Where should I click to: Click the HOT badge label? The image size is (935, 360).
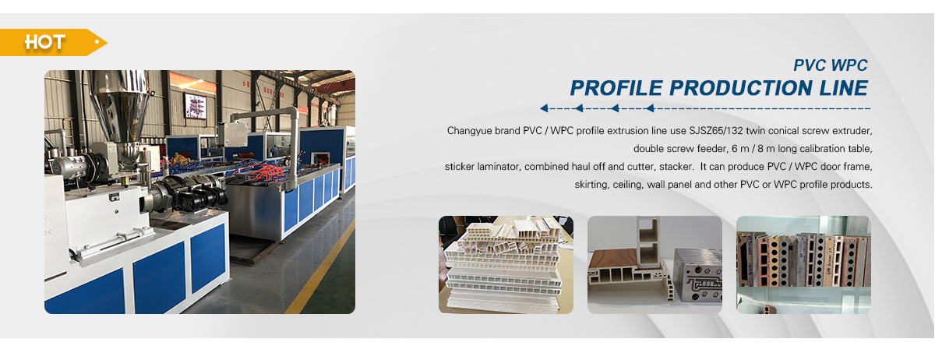click(x=44, y=42)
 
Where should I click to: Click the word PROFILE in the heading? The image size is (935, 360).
click(x=616, y=88)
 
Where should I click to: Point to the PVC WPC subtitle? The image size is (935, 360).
click(x=831, y=65)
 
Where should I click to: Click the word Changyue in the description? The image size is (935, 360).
click(x=469, y=131)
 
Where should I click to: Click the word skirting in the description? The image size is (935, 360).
click(x=591, y=185)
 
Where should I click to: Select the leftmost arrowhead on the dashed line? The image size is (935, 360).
click(x=544, y=108)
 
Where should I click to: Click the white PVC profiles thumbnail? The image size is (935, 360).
click(x=506, y=265)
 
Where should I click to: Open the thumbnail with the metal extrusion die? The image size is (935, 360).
click(x=655, y=265)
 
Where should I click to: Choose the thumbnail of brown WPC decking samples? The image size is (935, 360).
click(x=803, y=265)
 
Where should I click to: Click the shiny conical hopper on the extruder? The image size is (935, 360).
click(x=120, y=107)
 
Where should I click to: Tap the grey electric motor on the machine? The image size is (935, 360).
click(x=69, y=164)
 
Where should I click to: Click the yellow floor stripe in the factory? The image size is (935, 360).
click(x=319, y=267)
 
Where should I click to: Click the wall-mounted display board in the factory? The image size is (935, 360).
click(x=196, y=106)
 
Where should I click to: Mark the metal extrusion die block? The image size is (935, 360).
click(x=698, y=275)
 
